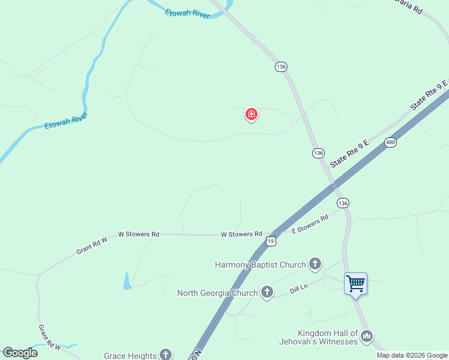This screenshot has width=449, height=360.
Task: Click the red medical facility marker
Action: pos(252,114)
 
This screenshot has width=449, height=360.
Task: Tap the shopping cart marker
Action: pos(355,283)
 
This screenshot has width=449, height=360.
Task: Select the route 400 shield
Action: pos(391,142)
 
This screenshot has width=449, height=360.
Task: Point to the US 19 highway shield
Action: pos(271,241)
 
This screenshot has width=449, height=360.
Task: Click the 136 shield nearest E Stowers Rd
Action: pos(343,203)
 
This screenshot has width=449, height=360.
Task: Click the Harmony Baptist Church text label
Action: pos(261,265)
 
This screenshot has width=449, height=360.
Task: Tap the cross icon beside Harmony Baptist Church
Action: pos(315,264)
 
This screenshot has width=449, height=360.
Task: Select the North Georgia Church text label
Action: pos(217,293)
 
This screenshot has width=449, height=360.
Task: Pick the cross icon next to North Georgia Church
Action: pos(267,292)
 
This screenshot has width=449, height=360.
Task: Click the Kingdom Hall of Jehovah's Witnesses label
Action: pos(328,337)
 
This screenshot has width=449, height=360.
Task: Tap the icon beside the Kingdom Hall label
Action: pos(367,337)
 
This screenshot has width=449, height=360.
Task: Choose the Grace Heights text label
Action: pos(130,356)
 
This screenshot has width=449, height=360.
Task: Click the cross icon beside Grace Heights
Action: pos(165,355)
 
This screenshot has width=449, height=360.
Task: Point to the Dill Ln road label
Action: pos(298,288)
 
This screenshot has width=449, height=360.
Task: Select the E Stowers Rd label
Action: pos(310,223)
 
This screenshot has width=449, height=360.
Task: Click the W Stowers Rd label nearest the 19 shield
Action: pos(241,234)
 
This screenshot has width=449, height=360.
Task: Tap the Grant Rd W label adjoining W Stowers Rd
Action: pos(91,245)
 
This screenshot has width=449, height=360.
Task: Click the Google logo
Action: pos(20,353)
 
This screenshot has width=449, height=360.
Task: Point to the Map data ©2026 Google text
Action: pos(412,355)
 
